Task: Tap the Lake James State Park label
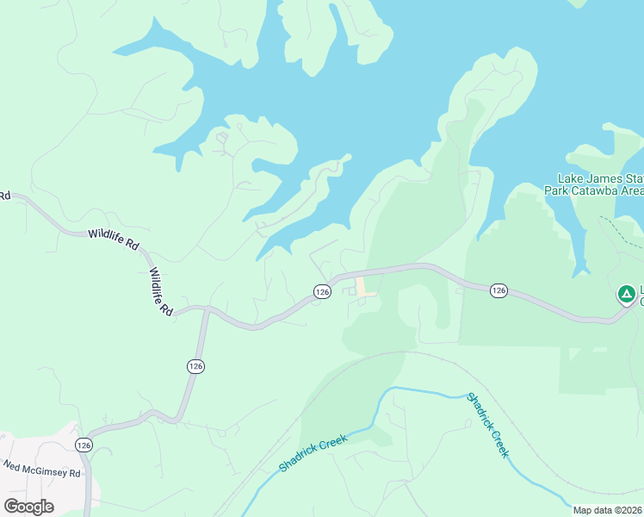click(x=596, y=178)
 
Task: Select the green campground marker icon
click(x=627, y=296)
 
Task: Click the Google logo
click(x=28, y=507)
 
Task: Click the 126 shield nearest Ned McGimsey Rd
click(x=83, y=445)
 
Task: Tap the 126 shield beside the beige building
click(x=322, y=292)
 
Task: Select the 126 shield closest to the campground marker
click(x=498, y=290)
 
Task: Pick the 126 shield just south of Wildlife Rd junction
click(x=195, y=366)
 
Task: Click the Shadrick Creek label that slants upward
click(x=313, y=453)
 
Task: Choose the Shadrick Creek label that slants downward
click(x=487, y=425)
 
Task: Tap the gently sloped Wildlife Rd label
click(x=113, y=240)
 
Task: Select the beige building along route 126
click(x=365, y=288)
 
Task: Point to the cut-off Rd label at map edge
click(x=4, y=196)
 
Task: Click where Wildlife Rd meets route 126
click(x=207, y=308)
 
